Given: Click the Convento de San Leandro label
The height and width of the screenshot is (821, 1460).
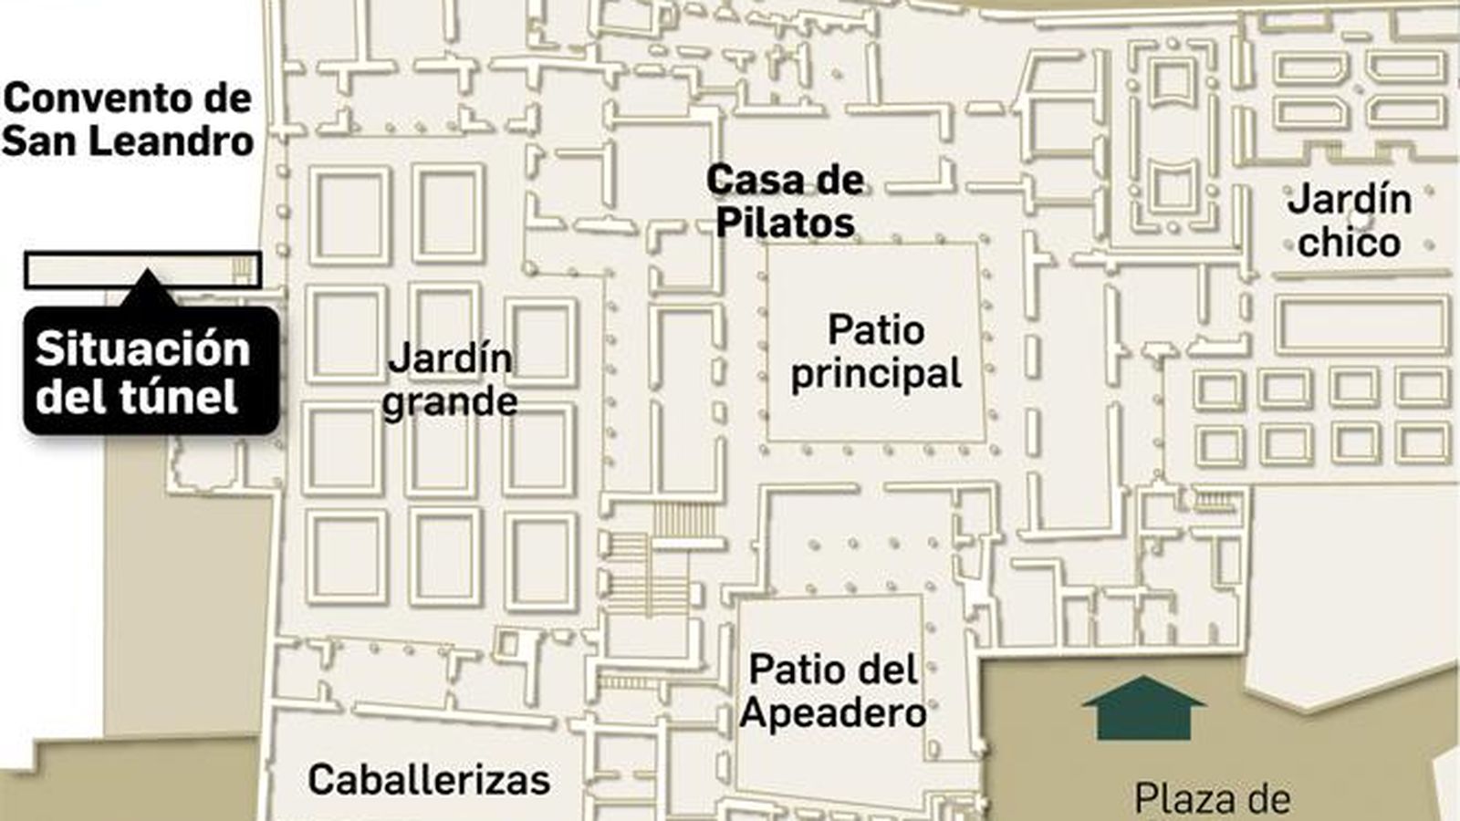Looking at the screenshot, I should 128,120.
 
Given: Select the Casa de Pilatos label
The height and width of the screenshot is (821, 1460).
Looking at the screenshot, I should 785,201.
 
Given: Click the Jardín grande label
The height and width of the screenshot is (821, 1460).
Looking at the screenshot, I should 449,379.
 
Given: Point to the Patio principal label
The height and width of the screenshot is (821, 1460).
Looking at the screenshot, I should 876,351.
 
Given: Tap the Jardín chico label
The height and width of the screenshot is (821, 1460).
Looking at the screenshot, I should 1349,220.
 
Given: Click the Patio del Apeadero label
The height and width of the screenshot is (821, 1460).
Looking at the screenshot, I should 832,691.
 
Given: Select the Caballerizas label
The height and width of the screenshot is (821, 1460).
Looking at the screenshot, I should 429,780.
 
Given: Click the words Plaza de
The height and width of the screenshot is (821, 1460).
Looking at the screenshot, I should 1212,799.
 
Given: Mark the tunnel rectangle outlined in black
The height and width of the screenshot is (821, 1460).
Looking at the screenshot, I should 142,270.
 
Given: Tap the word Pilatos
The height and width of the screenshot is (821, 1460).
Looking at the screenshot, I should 785,223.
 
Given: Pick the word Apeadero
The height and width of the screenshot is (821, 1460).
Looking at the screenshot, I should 832,712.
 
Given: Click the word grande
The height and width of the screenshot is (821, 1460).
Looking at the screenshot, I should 449,401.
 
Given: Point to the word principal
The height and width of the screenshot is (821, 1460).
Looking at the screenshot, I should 876,373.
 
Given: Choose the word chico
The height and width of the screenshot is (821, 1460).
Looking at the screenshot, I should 1349,242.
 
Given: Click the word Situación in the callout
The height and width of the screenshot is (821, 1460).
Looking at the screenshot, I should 142,349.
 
